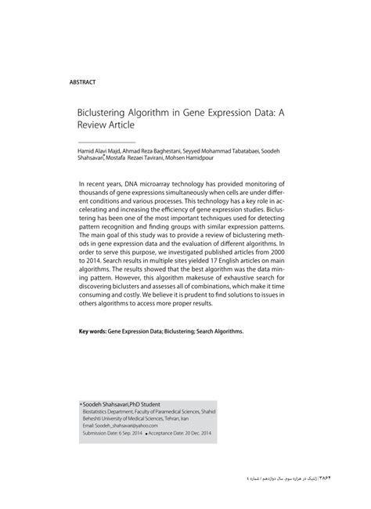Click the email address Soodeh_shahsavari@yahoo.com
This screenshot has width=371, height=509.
[121, 425]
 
